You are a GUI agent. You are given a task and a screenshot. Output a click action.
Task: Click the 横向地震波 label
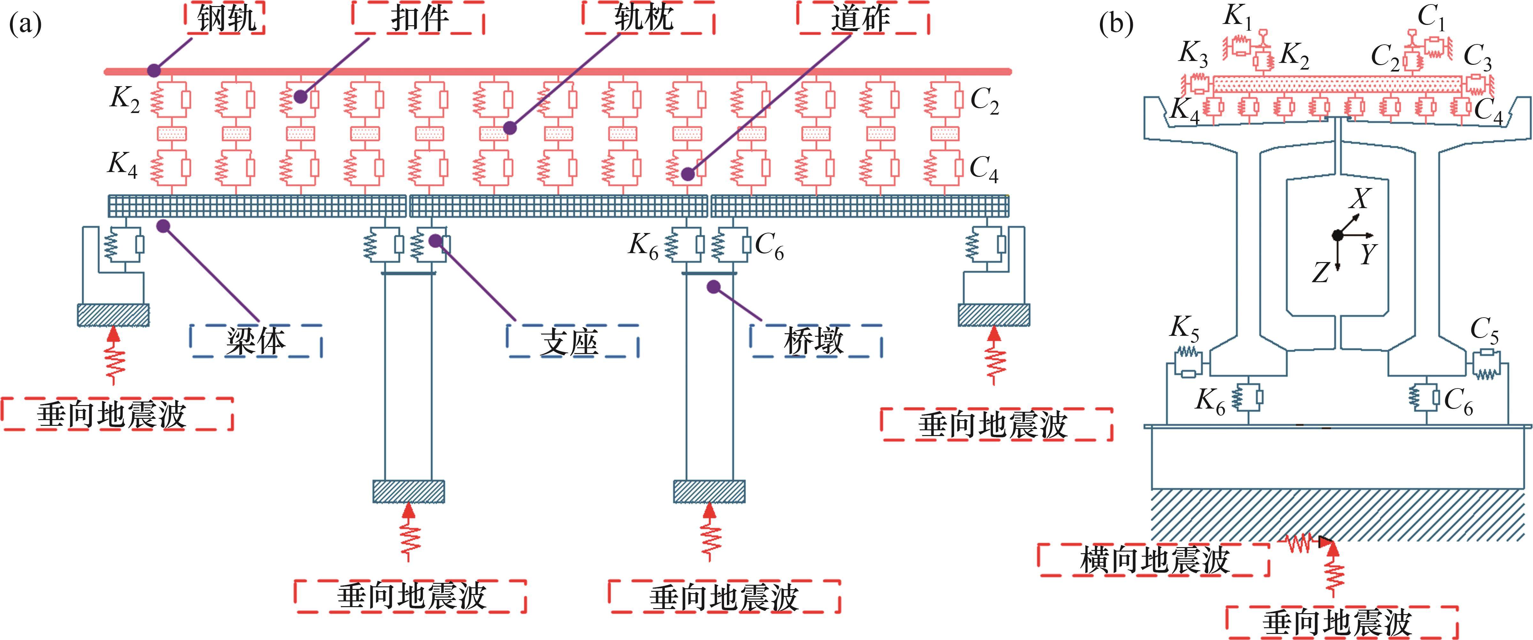point(1155,560)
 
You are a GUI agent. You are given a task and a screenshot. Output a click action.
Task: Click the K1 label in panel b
point(1238,18)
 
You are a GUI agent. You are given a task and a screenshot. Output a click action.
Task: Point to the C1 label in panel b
point(1431,18)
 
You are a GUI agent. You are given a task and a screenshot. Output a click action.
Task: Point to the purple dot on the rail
point(154,70)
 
